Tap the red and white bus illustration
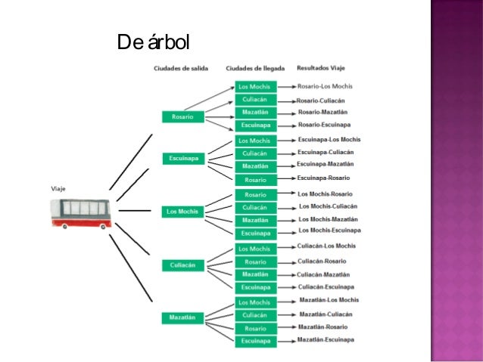tap(81, 213)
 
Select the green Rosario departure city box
tap(182, 116)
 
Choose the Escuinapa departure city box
tap(183, 158)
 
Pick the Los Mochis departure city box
tap(182, 212)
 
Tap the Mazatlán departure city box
tap(182, 317)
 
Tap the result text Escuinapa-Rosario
tap(323, 178)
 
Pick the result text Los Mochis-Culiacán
tap(328, 206)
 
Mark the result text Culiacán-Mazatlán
tap(323, 274)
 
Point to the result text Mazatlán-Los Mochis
tap(329, 300)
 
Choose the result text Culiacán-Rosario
tap(321, 261)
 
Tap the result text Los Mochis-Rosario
tap(325, 194)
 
